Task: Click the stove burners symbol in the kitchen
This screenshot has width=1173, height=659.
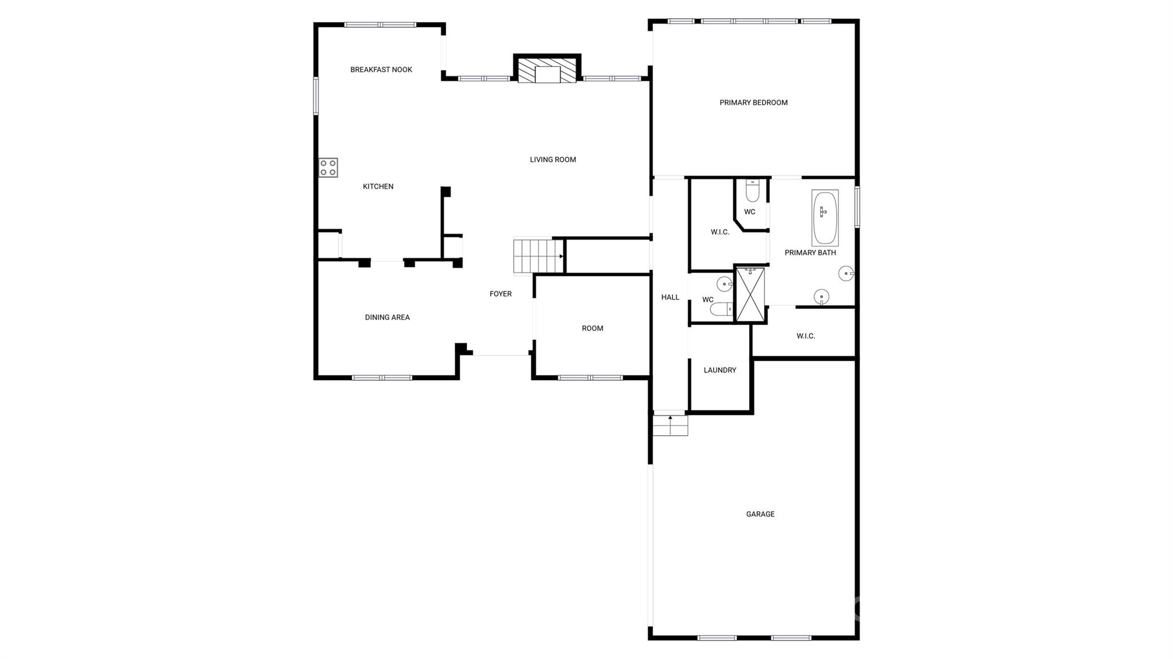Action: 328,168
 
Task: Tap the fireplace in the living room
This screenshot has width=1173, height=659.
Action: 547,69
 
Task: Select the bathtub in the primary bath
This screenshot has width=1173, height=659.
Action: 825,218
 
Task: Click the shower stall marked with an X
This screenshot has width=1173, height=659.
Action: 750,294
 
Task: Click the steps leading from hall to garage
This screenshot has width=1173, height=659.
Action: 670,425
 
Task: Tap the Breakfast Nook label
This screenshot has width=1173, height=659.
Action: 381,70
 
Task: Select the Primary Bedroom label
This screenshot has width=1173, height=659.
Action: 754,102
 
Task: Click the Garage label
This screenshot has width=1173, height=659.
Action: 760,514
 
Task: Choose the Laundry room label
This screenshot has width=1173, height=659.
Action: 720,370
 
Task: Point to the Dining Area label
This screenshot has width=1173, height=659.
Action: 387,317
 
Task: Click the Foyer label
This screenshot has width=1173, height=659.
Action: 501,294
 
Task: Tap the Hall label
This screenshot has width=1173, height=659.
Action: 670,297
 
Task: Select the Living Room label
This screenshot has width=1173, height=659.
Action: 553,160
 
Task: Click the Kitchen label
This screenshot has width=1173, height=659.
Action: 378,186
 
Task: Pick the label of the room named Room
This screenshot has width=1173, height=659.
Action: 592,328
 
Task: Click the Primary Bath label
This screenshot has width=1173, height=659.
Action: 810,252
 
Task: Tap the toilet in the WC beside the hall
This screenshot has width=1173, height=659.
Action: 722,309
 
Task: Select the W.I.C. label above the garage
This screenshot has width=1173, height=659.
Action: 805,336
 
